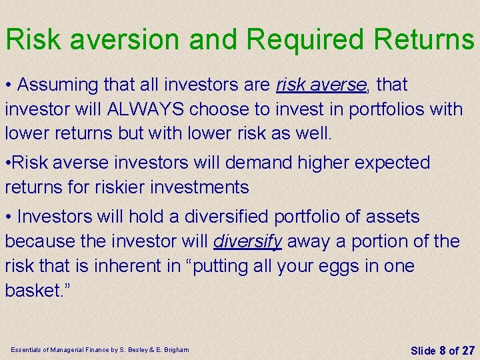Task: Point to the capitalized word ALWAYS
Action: tap(153, 109)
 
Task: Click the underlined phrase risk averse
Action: tap(321, 85)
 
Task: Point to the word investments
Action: tap(193, 188)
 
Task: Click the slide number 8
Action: tap(441, 350)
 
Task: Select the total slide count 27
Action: tap(468, 350)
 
